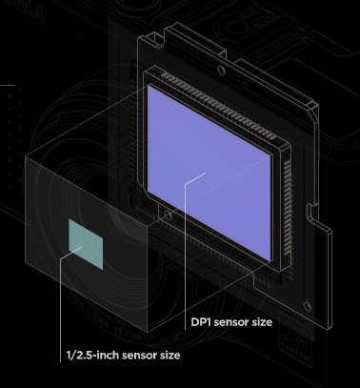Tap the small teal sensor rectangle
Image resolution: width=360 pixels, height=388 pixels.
point(86,244)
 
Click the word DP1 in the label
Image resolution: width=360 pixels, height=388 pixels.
point(201,322)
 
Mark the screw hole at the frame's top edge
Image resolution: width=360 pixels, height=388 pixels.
point(221,70)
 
